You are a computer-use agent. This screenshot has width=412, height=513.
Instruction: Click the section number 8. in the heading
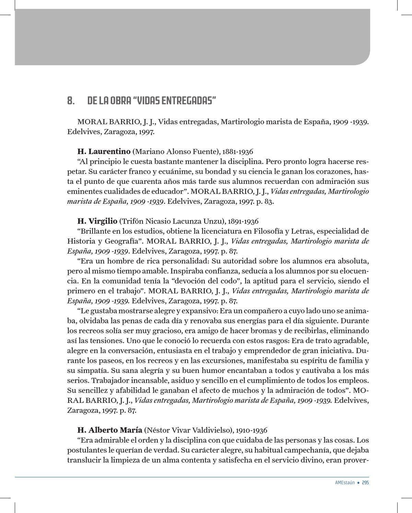tap(71, 101)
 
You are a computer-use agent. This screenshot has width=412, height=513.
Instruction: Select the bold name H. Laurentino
tap(104, 151)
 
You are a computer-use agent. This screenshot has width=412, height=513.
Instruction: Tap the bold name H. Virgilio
tap(97, 221)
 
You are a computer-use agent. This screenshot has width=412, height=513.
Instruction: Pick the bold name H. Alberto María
tap(110, 430)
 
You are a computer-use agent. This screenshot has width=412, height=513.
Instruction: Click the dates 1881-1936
tap(238, 152)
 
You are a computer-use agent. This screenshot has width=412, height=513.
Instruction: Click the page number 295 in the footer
tap(365, 482)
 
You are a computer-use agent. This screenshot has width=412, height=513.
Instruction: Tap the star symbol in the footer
tap(358, 482)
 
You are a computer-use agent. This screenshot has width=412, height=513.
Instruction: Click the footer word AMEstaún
tap(345, 482)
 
